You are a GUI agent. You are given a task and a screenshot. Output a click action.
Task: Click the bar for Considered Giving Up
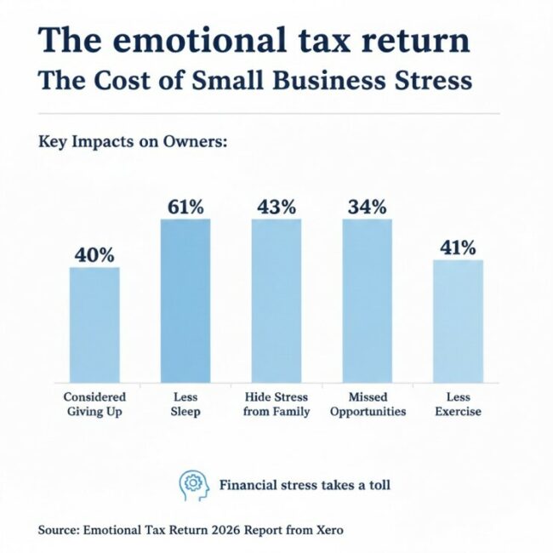pyautogui.click(x=94, y=325)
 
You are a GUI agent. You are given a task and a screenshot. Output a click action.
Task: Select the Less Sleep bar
pyautogui.click(x=185, y=300)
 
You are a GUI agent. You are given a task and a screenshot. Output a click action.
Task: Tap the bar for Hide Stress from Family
pyautogui.click(x=276, y=300)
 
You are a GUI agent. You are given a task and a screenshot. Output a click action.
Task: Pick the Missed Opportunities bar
pyautogui.click(x=368, y=300)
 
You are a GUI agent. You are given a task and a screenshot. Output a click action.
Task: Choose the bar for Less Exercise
pyautogui.click(x=458, y=321)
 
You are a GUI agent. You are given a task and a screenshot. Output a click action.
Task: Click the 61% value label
pyautogui.click(x=185, y=206)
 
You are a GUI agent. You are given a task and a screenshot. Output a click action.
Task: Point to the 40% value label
pyautogui.click(x=94, y=254)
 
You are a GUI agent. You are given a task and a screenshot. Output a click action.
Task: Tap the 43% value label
pyautogui.click(x=276, y=206)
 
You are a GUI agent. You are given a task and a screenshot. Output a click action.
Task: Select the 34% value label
pyautogui.click(x=368, y=206)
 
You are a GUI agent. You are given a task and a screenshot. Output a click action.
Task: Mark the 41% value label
pyautogui.click(x=458, y=247)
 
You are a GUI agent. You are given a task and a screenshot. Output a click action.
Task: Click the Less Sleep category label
pyautogui.click(x=185, y=404)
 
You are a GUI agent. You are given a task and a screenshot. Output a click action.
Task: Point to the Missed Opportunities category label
pyautogui.click(x=368, y=404)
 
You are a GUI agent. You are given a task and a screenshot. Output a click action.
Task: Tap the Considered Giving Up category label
pyautogui.click(x=94, y=404)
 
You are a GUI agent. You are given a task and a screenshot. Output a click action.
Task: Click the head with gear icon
pyautogui.click(x=193, y=484)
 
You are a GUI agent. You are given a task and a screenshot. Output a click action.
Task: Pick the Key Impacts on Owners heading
pyautogui.click(x=133, y=142)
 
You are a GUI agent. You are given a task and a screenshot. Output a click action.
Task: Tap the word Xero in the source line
pyautogui.click(x=328, y=530)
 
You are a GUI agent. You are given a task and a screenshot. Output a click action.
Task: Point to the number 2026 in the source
pyautogui.click(x=219, y=530)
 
